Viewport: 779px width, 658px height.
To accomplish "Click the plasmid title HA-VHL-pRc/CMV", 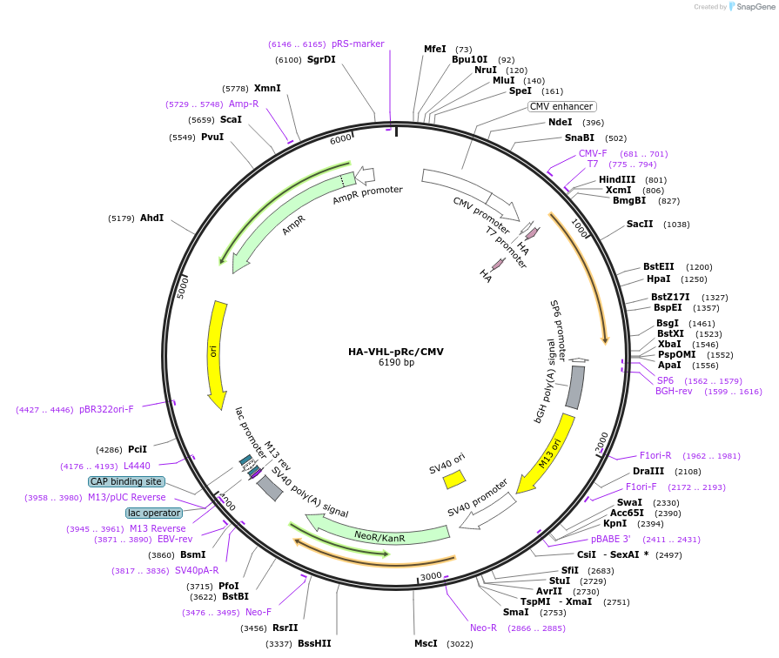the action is pos(396,352).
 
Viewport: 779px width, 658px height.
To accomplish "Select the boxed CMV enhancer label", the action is pos(561,106).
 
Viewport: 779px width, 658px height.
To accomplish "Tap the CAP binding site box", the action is pos(126,481).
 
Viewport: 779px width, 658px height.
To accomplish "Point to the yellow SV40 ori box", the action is pos(453,480).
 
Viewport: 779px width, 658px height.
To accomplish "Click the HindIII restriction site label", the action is pos(617,179).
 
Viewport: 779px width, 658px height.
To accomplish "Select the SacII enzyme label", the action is pos(640,224).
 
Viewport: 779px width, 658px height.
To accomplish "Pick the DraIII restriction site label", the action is pos(648,471).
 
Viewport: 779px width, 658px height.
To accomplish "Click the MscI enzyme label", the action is pos(426,643).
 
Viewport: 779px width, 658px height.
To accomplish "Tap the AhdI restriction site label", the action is pos(152,218).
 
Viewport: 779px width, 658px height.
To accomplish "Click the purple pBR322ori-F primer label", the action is pos(106,409).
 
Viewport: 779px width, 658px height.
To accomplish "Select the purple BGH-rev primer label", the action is pos(674,392).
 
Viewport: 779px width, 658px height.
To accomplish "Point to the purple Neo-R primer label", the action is pos(483,628).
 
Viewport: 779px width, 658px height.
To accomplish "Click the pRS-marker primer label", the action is pos(358,44).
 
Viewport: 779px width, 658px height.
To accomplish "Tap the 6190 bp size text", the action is pos(396,363).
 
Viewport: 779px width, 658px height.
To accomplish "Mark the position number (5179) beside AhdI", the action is pos(121,218).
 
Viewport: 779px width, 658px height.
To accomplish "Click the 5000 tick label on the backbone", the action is pos(182,287).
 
